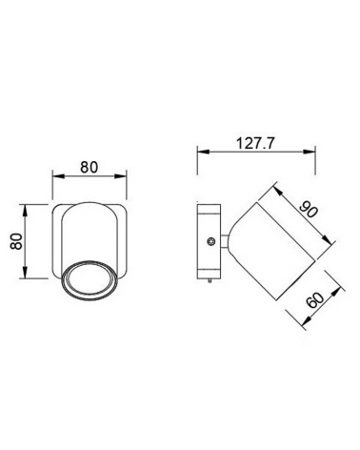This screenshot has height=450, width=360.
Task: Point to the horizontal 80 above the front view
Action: [x=90, y=166]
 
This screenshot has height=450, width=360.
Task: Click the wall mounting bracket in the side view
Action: [x=208, y=245]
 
